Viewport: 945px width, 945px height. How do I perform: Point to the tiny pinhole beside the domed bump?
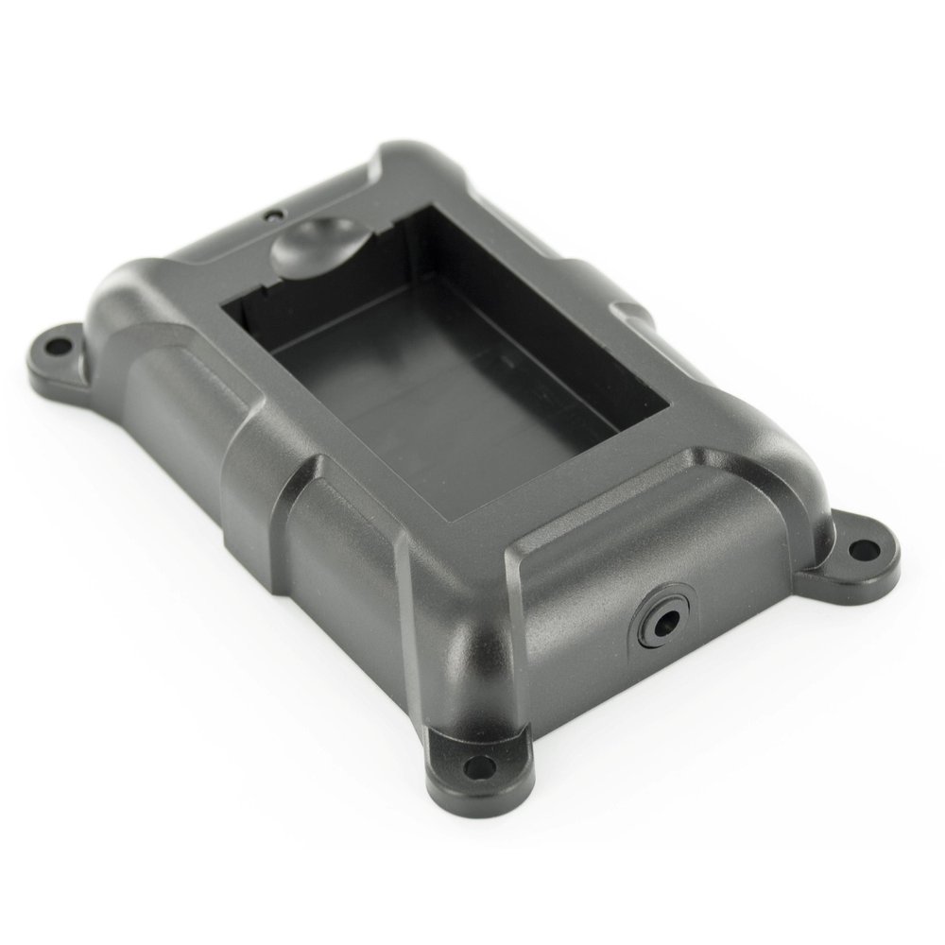[272, 215]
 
